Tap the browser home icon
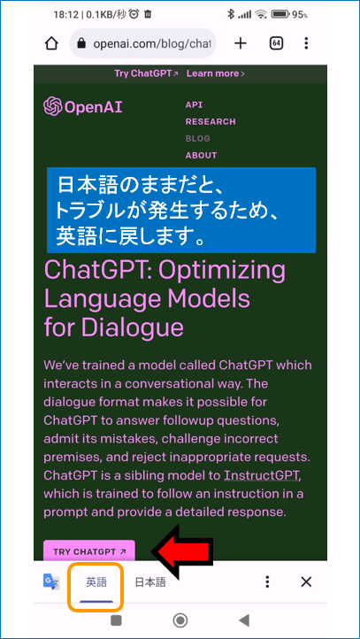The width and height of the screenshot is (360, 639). [51, 43]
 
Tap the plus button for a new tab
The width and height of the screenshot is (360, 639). [241, 43]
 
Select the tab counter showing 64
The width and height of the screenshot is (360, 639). [276, 43]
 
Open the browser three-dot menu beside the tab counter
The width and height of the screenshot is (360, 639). [306, 43]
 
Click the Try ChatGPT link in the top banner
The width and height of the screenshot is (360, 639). [146, 74]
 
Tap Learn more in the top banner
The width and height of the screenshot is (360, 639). [216, 74]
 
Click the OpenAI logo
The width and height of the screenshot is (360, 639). [83, 106]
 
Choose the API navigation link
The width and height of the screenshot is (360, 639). [194, 104]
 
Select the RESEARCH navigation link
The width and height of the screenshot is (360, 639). [211, 121]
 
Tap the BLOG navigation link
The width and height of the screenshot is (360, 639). [197, 138]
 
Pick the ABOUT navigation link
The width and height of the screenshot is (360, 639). [201, 155]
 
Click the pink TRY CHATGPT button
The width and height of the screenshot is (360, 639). [89, 551]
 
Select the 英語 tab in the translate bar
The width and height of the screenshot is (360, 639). [96, 581]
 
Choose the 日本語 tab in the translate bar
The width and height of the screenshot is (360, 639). [150, 581]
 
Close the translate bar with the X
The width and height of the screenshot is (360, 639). [306, 581]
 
